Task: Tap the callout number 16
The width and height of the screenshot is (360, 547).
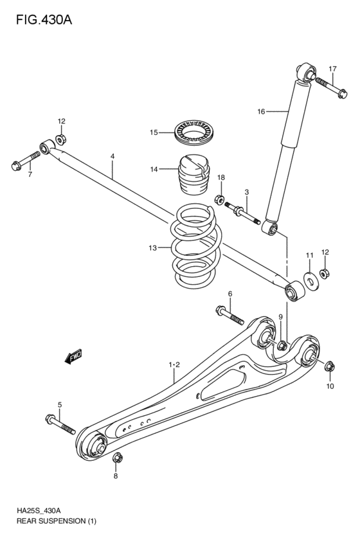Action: click(261, 112)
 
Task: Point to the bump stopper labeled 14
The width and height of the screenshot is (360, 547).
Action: click(194, 176)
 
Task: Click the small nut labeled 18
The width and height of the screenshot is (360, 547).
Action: click(218, 201)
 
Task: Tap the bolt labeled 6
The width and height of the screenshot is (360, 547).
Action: click(230, 316)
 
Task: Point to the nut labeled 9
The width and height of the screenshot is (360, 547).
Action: click(281, 345)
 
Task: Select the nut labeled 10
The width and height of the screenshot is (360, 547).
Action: click(328, 367)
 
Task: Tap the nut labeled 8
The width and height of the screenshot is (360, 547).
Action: click(117, 458)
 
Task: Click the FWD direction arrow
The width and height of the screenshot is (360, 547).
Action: click(73, 355)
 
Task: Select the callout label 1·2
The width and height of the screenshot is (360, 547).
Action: click(174, 366)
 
